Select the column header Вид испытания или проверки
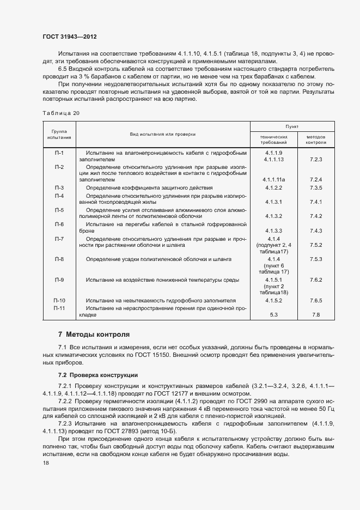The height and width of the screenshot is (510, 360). tap(162, 133)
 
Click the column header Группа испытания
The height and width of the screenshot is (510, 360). tap(59, 134)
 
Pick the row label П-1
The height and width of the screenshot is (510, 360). tap(59, 153)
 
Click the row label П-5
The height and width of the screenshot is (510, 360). tap(59, 210)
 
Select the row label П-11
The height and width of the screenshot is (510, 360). tap(59, 308)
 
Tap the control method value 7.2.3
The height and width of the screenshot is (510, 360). tap(316, 160)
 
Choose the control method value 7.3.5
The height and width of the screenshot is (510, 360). tap(316, 188)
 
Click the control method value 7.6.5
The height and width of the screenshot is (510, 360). tap(316, 301)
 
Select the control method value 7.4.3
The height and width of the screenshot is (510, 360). tap(316, 231)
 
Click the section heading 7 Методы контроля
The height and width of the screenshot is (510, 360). tap(94, 334)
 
